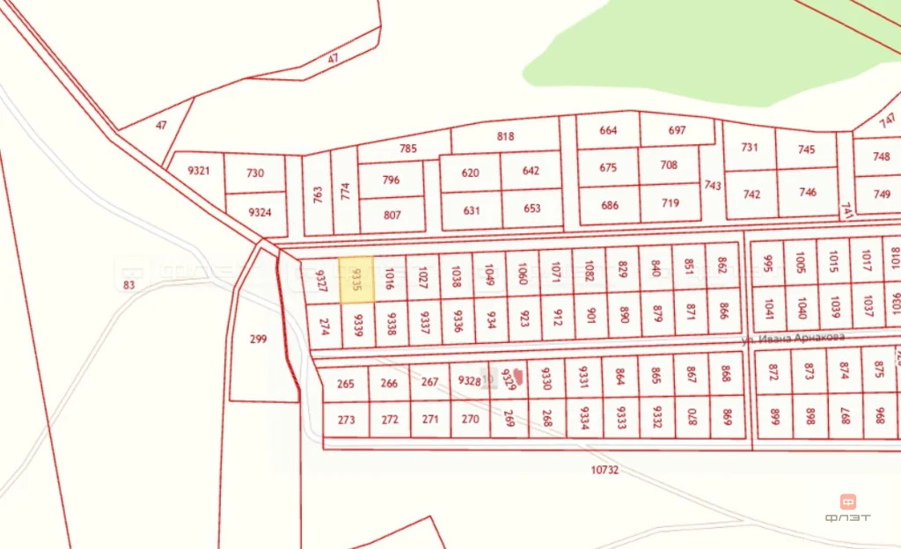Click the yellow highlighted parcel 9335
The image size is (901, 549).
tap(356, 280)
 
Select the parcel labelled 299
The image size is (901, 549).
tap(258, 339)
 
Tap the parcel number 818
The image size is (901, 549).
tap(505, 136)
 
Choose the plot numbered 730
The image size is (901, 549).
tap(255, 173)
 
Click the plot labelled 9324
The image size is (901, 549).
tap(260, 213)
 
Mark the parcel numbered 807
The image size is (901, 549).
tap(392, 215)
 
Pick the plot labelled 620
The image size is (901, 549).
tap(471, 172)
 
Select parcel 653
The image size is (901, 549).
tap(531, 209)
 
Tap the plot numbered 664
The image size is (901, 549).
tap(608, 130)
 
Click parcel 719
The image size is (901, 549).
tap(670, 203)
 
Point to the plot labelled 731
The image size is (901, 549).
tap(749, 147)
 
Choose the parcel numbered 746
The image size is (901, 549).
tap(808, 192)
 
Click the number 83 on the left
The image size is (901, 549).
tap(130, 284)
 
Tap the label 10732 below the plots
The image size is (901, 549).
tap(604, 470)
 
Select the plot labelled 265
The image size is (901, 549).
tap(346, 384)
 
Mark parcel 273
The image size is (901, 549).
tap(346, 420)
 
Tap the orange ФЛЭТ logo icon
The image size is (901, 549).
tap(848, 502)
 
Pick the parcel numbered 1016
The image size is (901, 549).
tap(390, 280)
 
